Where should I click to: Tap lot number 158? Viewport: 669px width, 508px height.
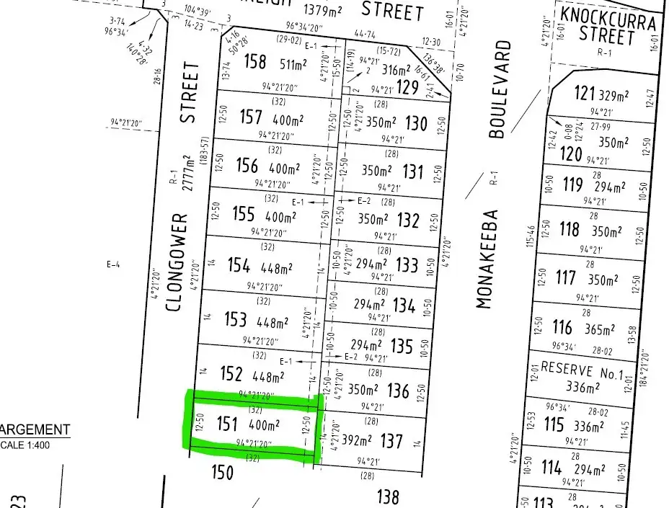click(x=255, y=62)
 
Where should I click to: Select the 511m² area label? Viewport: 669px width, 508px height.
click(x=296, y=63)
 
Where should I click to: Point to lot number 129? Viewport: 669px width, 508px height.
click(x=407, y=88)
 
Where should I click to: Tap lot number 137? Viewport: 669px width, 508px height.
click(x=392, y=439)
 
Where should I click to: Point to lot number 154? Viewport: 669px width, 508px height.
click(x=238, y=265)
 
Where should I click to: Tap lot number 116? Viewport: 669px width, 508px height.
click(x=562, y=329)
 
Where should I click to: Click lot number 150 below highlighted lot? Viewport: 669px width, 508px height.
click(x=223, y=472)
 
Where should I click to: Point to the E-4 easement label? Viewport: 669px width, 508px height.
click(x=112, y=265)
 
